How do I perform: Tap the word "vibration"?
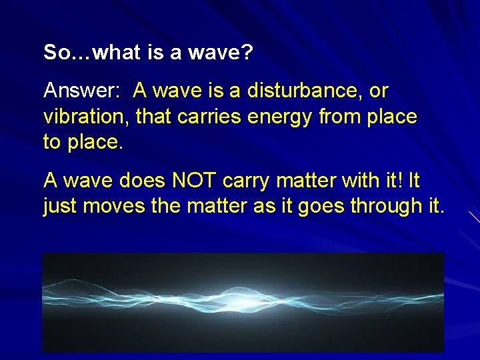click(86, 117)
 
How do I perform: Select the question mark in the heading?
click(247, 53)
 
